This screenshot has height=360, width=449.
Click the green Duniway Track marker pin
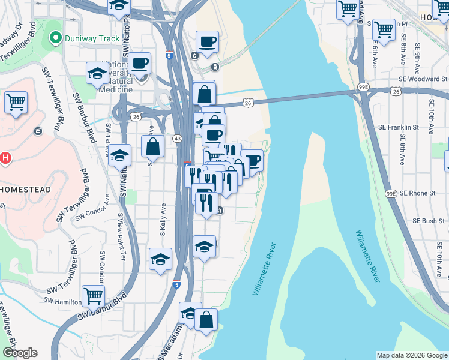pyautogui.click(x=56, y=38)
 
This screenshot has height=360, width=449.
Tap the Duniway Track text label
pyautogui.click(x=93, y=38)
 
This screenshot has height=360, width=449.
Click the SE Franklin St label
pyautogui.click(x=399, y=127)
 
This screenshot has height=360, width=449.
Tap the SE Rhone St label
pyautogui.click(x=417, y=193)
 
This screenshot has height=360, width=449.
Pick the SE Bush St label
pyautogui.click(x=429, y=221)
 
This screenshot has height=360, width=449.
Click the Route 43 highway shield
pyautogui.click(x=177, y=139)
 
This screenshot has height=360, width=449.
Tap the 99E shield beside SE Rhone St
pyautogui.click(x=391, y=193)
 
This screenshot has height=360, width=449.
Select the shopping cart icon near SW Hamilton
pyautogui.click(x=94, y=295)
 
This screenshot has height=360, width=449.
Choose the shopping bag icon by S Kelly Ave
pyautogui.click(x=153, y=145)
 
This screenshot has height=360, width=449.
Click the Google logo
pyautogui.click(x=20, y=353)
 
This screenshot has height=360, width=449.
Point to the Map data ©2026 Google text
pyautogui.click(x=411, y=355)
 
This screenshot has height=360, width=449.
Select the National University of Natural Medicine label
pyautogui.click(x=117, y=77)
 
